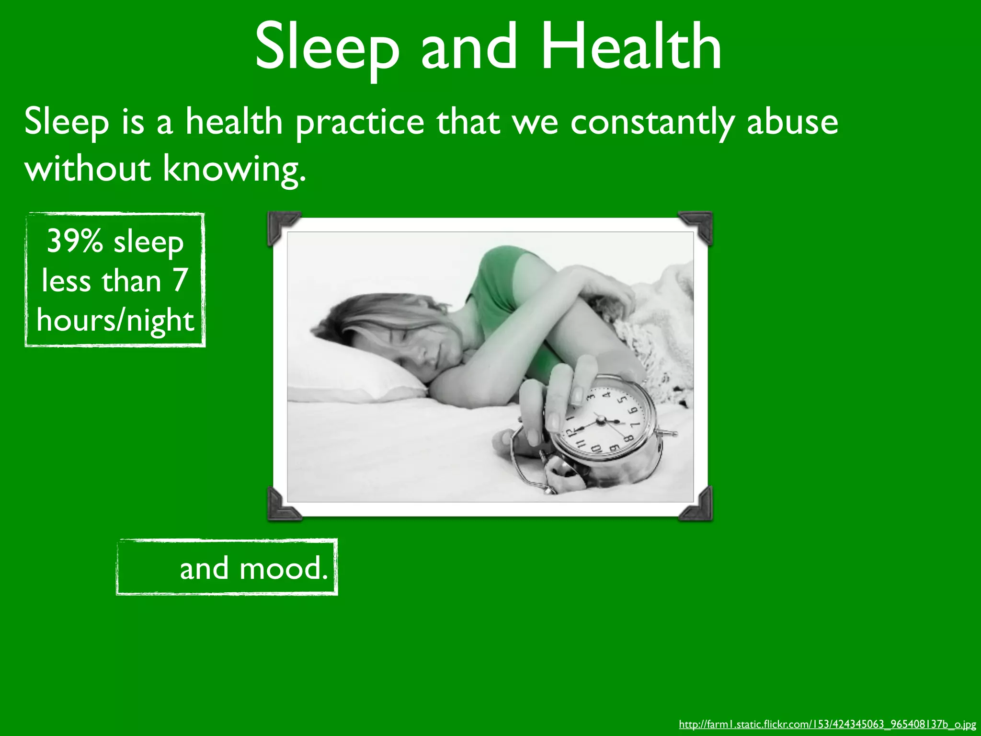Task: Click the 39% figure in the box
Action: point(75,241)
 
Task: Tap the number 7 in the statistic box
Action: point(180,280)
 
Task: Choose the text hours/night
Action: point(115,320)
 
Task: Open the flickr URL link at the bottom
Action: point(827,724)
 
